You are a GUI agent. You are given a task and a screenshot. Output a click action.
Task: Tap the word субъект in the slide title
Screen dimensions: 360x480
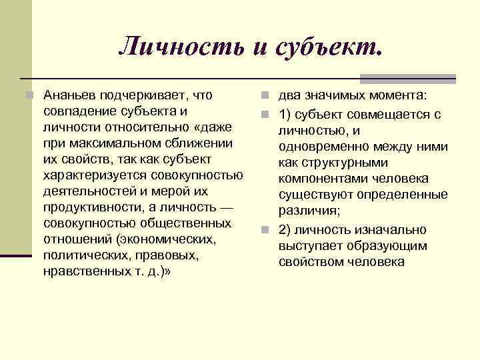coord(325,46)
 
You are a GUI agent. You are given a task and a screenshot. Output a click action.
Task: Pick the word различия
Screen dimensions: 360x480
coord(309,211)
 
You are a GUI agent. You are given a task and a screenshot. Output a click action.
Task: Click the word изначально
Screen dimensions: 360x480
coord(391,230)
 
